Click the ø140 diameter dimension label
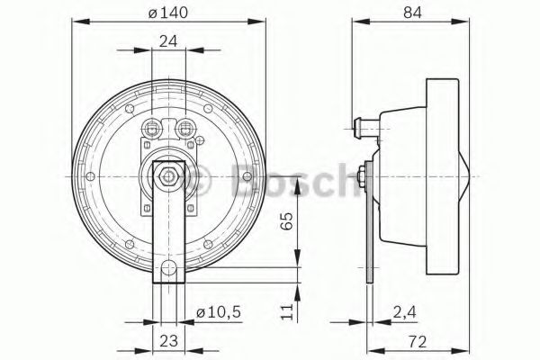168,13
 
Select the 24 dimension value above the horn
168,41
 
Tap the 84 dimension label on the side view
412,13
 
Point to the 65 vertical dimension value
286,220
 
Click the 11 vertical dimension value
286,311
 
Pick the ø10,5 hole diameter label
219,312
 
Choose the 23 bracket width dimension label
169,341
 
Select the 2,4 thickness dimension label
405,312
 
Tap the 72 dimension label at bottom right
418,341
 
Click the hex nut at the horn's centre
168,176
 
